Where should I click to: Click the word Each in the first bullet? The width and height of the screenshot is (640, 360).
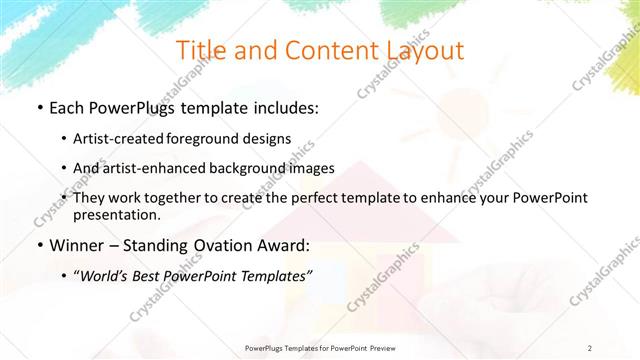click(69, 108)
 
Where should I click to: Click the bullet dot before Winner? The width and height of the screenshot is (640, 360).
click(38, 245)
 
